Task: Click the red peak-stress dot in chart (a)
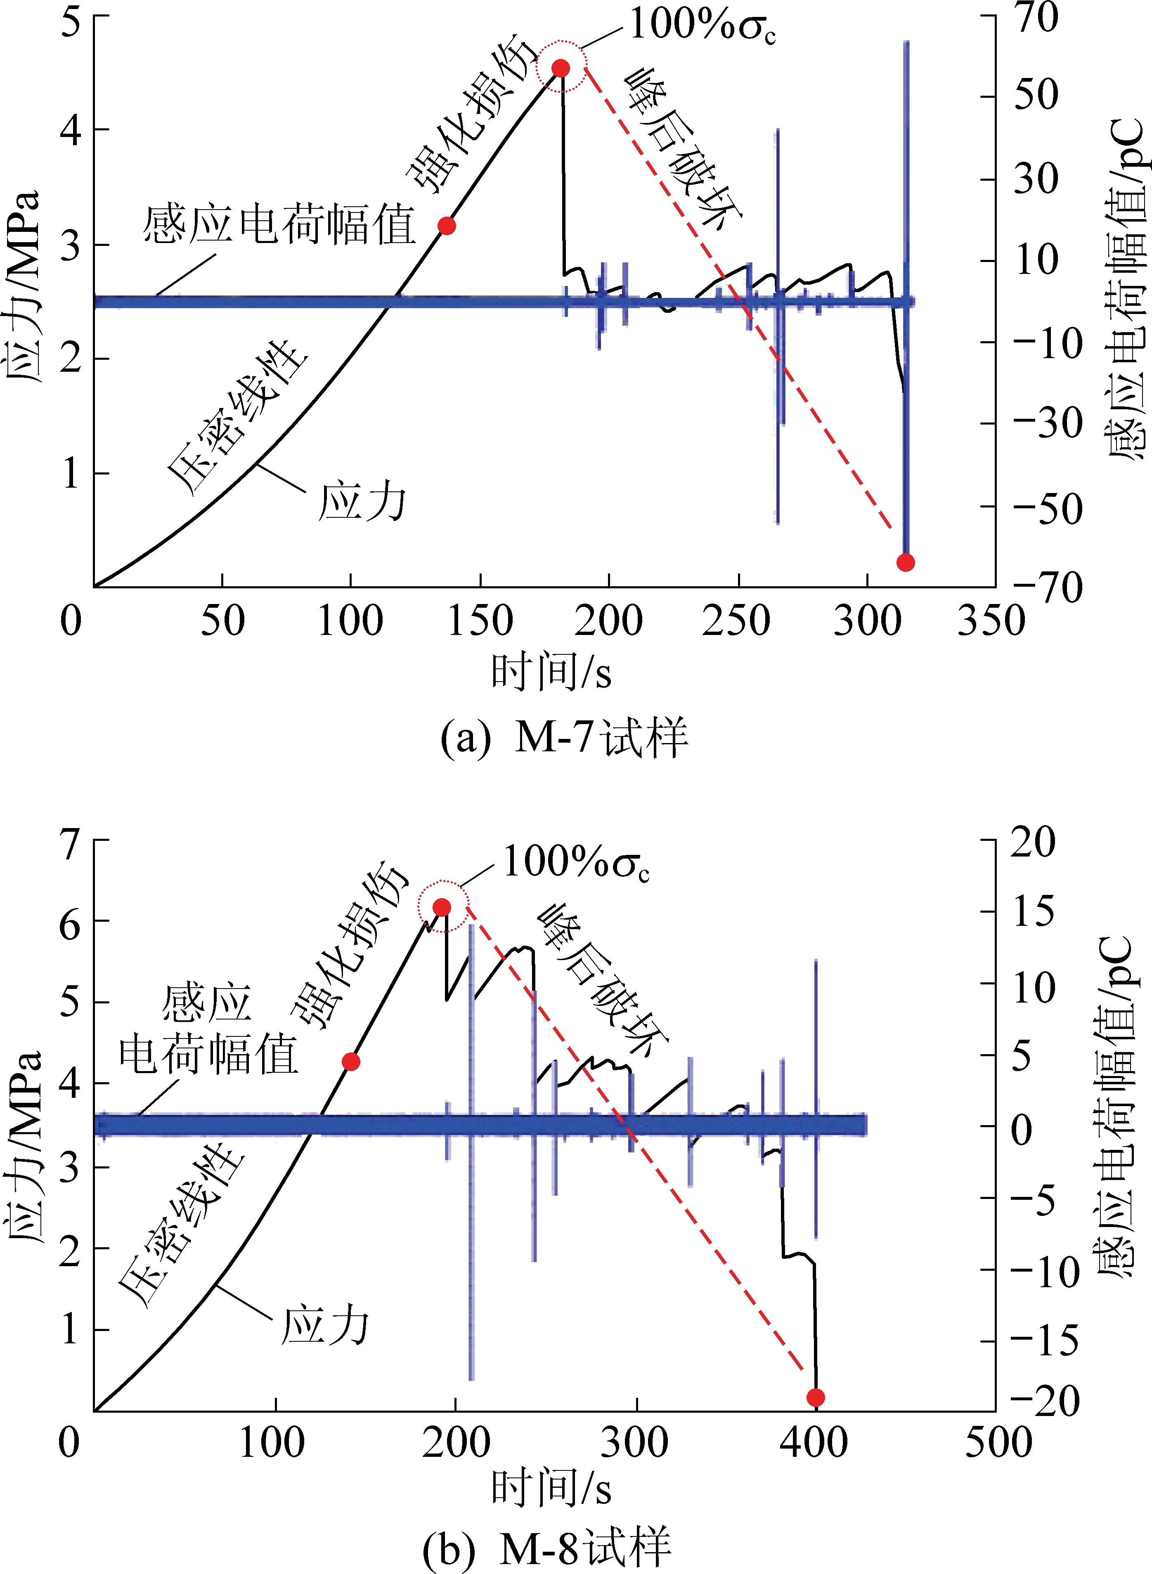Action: [x=561, y=68]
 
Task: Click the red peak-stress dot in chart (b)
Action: [x=441, y=907]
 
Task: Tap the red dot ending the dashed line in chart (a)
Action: [x=905, y=562]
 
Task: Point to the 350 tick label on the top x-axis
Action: [x=990, y=621]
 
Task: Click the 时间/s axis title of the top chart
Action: [x=551, y=673]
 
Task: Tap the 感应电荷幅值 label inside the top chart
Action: [x=279, y=224]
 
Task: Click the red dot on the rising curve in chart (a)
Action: [x=446, y=226]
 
